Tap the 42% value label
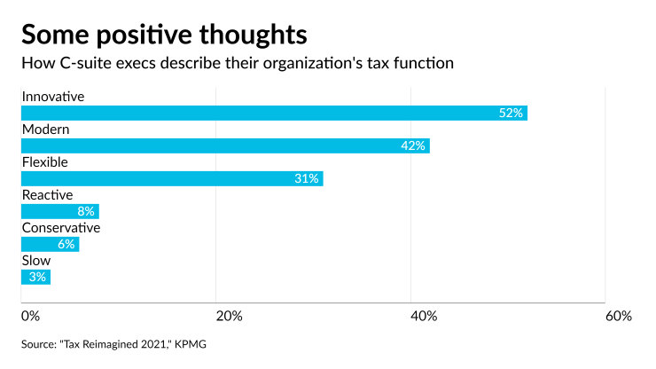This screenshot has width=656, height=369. [413, 145]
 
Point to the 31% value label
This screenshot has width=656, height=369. [306, 178]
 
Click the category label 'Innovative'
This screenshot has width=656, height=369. [52, 96]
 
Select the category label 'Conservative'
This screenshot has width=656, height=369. [60, 227]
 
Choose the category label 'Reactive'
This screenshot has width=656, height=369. [47, 194]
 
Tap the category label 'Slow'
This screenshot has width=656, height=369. [35, 260]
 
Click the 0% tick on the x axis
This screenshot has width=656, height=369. [30, 317]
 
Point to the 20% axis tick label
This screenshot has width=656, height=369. [229, 317]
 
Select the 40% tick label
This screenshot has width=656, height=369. [423, 317]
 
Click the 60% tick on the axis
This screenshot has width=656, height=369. [618, 317]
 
